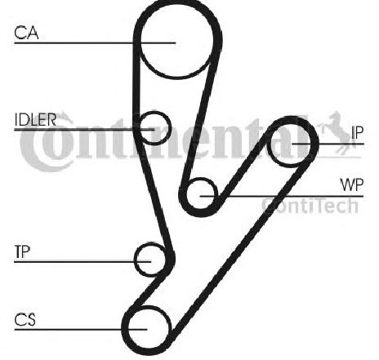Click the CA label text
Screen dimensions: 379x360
point(26,33)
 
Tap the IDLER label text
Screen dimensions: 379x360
point(35,119)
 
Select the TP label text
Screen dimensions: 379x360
point(22,251)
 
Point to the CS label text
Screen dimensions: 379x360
point(25,319)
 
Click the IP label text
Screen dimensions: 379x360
point(357,132)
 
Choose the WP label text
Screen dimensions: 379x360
point(352,185)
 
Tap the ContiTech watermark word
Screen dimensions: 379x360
point(310,205)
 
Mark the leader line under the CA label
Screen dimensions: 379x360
point(95,43)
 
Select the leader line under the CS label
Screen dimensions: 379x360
point(81,330)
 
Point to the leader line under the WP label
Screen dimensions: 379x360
point(282,196)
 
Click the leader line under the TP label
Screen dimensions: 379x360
point(82,262)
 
